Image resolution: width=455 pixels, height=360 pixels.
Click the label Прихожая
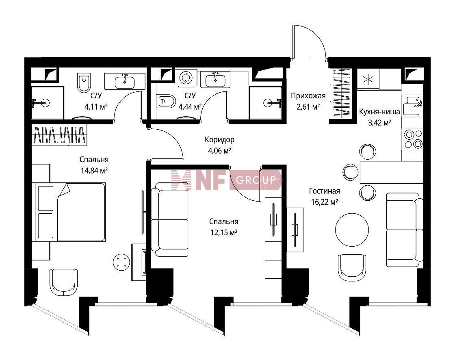pyautogui.click(x=308, y=96)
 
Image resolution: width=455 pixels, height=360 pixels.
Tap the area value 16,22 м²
pyautogui.click(x=325, y=202)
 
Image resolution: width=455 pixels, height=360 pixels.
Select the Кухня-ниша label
pyautogui.click(x=379, y=112)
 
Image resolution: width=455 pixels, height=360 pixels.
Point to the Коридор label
pyautogui.click(x=219, y=140)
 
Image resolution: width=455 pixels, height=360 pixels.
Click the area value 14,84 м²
pyautogui.click(x=94, y=170)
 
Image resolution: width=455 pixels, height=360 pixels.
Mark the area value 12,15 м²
pyautogui.click(x=224, y=232)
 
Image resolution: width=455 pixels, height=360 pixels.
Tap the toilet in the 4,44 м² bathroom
pyautogui.click(x=166, y=102)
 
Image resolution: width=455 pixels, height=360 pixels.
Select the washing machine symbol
pyautogui.click(x=186, y=78)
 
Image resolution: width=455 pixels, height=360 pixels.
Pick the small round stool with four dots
pyautogui.click(x=121, y=262)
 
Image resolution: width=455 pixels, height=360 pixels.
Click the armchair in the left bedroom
pyautogui.click(x=64, y=282)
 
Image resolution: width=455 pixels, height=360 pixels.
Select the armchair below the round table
pyautogui.click(x=352, y=268)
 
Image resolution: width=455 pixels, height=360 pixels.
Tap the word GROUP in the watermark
pyautogui.click(x=256, y=180)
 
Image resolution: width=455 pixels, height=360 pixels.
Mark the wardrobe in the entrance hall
pyautogui.click(x=341, y=93)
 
